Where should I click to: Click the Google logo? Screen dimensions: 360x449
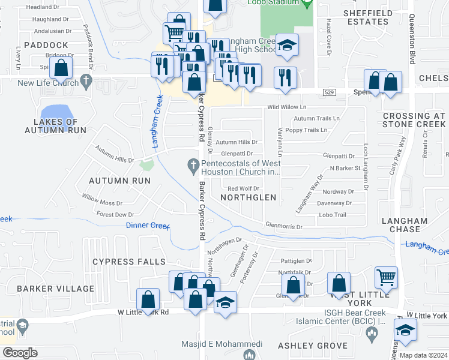[x=20, y=353]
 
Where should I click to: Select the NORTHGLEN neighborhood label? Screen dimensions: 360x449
[x=248, y=197]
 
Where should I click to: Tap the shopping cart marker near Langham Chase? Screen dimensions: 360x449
[x=386, y=277]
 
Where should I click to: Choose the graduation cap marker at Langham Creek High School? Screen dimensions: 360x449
[x=288, y=46]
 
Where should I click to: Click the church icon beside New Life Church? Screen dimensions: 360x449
[x=86, y=80]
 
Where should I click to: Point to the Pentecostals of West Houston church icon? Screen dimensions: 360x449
[x=193, y=164]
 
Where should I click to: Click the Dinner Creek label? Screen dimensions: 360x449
[x=148, y=226]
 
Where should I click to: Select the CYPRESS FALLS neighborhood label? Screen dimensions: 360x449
[x=128, y=262]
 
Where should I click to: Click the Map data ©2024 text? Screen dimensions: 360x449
[x=423, y=355]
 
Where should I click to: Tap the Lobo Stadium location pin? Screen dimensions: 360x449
[x=307, y=4]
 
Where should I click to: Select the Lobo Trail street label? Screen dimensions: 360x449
[x=333, y=215]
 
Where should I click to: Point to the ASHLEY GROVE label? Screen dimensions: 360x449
[x=313, y=346]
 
